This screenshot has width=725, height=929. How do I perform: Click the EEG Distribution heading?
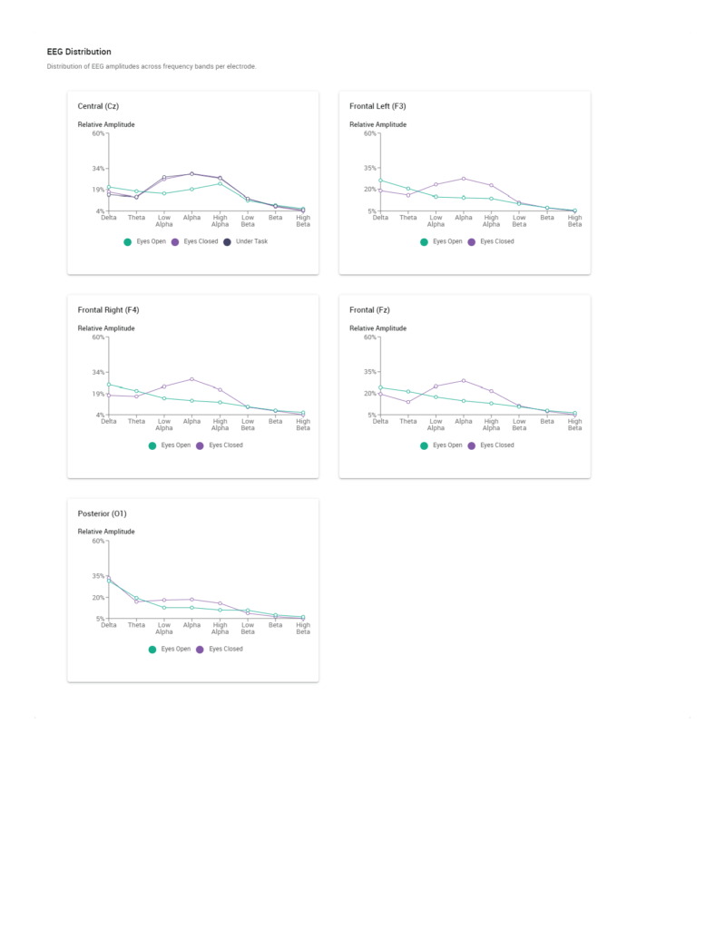79,52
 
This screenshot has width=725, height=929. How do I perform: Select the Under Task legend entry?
245,241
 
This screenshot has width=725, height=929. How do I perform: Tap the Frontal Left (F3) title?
377,106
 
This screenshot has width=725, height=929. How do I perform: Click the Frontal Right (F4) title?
108,310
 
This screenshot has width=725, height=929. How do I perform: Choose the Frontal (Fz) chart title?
369,310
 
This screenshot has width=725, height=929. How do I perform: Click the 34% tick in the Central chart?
98,168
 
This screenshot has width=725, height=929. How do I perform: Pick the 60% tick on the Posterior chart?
98,542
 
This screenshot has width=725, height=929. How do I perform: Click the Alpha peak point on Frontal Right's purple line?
191,379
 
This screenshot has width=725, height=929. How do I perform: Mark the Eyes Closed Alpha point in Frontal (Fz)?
464,381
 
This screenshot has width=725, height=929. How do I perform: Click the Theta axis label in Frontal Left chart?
408,218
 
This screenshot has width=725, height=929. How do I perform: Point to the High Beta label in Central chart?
303,220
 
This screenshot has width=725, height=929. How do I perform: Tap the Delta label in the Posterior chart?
109,625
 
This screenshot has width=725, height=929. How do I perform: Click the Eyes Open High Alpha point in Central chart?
220,183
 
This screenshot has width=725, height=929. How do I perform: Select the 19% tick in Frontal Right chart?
98,394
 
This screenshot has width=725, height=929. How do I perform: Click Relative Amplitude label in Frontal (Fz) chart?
377,328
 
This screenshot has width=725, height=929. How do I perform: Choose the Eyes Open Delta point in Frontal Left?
380,181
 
